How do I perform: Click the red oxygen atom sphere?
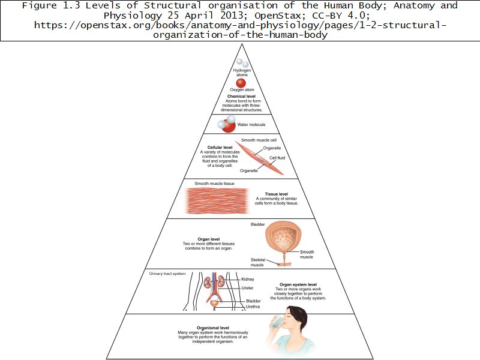coord(241,83)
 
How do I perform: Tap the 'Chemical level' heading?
coord(241,96)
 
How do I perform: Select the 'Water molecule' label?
coord(251,125)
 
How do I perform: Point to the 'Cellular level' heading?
coord(220,147)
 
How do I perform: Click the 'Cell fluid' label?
coord(277,158)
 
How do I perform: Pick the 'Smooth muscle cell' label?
coord(259,140)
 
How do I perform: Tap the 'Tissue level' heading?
coord(276,194)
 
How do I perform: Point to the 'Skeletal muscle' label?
coord(257,262)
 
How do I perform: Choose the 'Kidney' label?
coord(248,279)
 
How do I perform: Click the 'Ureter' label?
coord(247,288)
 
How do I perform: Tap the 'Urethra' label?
coord(252,307)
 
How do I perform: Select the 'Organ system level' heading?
coord(298,284)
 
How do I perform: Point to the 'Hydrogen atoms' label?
coord(241,72)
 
